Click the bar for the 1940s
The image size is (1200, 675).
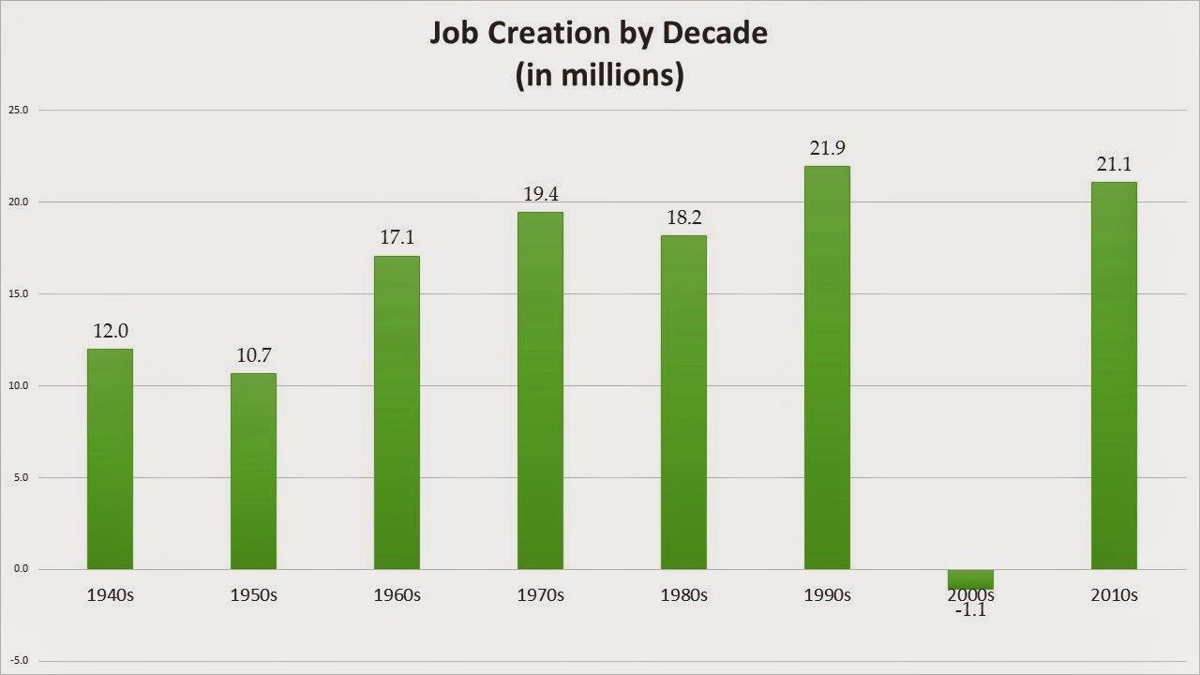point(110,458)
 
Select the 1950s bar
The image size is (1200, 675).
point(253,471)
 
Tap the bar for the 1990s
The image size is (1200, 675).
point(827,367)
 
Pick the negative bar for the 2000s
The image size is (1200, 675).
point(970,578)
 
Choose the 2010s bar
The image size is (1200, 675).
point(1114,375)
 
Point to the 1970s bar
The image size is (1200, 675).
point(540,390)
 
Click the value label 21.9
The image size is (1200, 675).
point(827,148)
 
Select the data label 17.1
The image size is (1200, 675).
point(397,237)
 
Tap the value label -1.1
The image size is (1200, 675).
point(970,611)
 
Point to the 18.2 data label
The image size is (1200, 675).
point(683,217)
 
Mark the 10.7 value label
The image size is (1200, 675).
point(253,355)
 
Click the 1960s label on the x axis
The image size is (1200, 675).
point(397,595)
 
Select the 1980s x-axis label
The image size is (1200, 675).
point(683,595)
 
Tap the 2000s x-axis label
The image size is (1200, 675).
point(970,595)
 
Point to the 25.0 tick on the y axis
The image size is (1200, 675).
point(19,110)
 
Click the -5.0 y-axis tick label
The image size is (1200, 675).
point(19,661)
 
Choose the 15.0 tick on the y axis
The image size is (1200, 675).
point(19,293)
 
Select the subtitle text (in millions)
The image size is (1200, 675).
point(599,74)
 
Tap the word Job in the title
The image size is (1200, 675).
point(452,34)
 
